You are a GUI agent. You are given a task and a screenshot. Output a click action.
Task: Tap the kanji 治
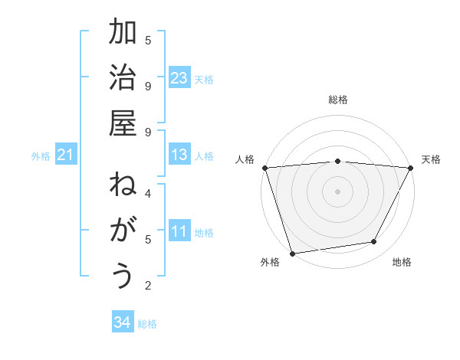click(123, 79)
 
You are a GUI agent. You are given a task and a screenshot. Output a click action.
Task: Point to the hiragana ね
click(123, 185)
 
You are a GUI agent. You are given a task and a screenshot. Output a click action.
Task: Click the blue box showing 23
click(179, 78)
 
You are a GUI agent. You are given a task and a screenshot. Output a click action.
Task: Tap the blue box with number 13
click(179, 155)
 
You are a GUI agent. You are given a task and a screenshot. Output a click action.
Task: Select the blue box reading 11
click(179, 231)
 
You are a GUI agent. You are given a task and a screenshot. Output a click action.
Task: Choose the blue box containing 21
click(66, 155)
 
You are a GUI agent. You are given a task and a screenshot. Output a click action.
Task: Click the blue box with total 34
click(122, 323)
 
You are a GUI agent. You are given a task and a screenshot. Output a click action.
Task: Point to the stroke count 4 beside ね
click(148, 193)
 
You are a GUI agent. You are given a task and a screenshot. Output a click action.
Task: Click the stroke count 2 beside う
click(148, 286)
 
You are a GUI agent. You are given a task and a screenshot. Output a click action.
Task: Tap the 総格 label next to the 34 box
click(147, 324)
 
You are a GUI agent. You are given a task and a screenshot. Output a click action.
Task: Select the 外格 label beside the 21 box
click(41, 156)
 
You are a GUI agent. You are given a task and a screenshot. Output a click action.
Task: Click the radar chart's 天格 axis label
click(431, 159)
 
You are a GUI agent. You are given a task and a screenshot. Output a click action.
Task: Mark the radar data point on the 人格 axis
click(264, 168)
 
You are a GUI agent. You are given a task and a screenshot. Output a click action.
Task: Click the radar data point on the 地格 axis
click(374, 242)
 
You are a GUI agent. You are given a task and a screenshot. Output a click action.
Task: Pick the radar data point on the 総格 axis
click(337, 161)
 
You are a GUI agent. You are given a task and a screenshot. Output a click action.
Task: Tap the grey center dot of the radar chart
click(337, 191)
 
